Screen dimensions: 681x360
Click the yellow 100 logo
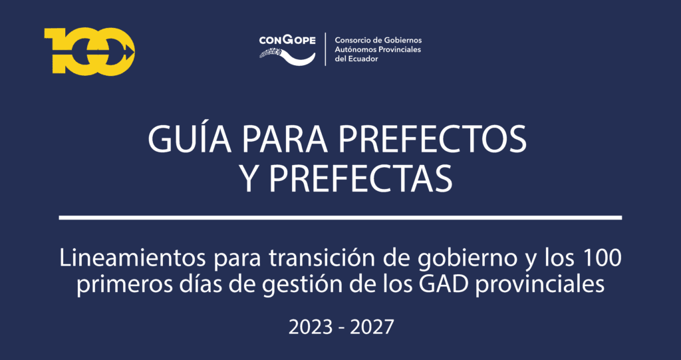[90, 52]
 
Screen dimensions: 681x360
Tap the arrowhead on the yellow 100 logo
[128, 52]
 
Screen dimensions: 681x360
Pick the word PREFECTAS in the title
[360, 179]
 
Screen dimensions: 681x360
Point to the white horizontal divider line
[340, 217]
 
